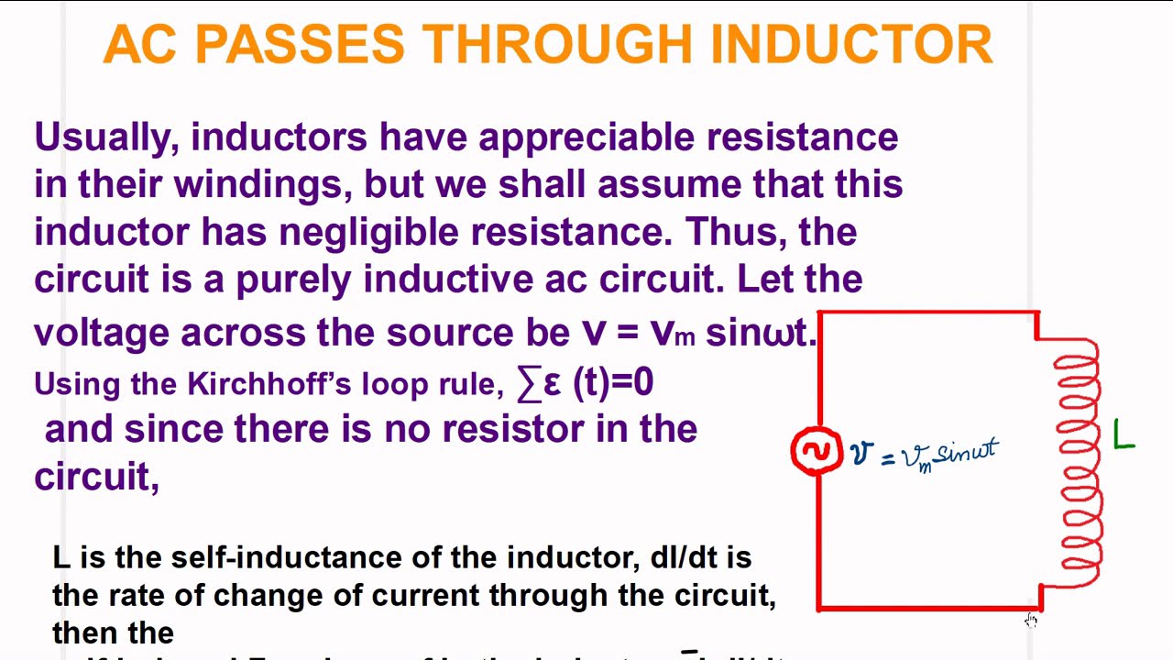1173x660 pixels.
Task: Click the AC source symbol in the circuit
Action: point(816,451)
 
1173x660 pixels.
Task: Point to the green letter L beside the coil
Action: point(1124,435)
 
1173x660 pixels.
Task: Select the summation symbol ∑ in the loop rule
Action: point(529,383)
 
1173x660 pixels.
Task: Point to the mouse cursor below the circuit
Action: point(1031,621)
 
